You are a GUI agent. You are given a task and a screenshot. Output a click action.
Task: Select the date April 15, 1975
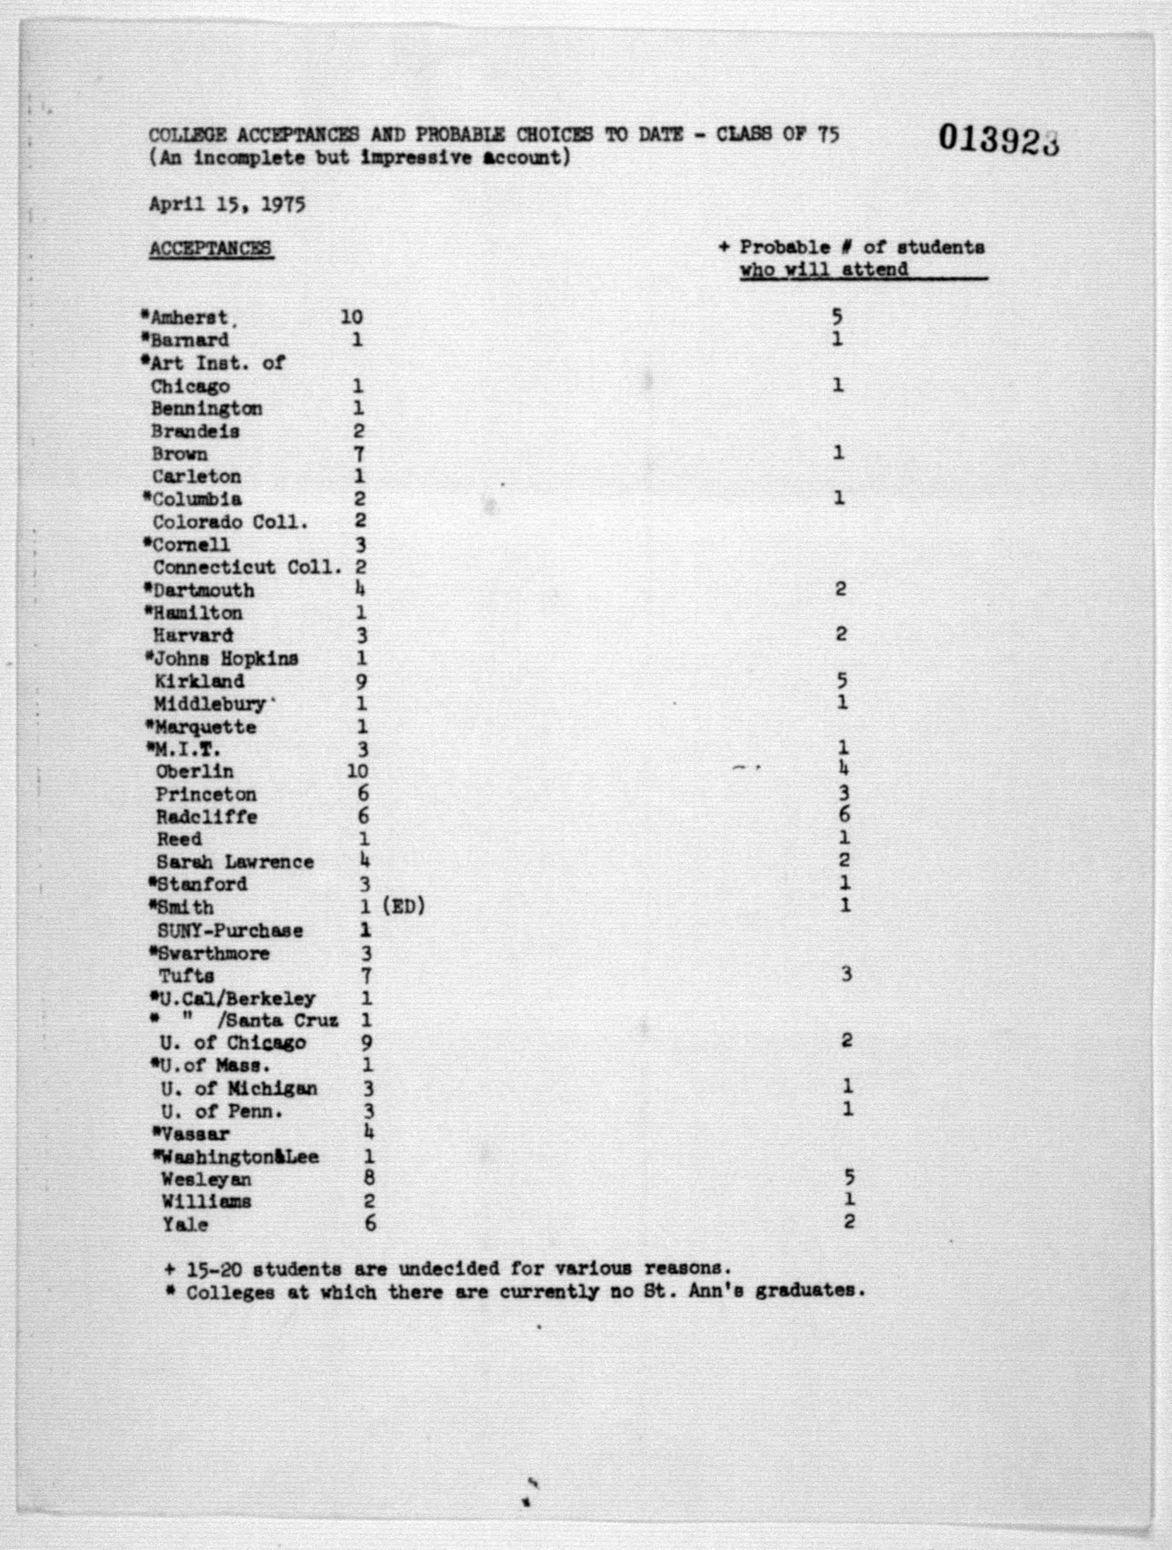click(226, 205)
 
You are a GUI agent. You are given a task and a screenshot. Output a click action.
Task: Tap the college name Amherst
click(189, 318)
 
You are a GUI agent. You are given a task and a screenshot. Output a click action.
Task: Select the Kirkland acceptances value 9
click(361, 681)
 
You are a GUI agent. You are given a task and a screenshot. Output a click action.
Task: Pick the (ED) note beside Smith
click(404, 907)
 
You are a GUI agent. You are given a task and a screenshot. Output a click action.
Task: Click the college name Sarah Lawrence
click(234, 862)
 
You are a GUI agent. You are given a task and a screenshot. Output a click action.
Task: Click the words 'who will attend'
click(824, 270)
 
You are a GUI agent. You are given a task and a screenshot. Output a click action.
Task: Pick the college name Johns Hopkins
click(226, 659)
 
